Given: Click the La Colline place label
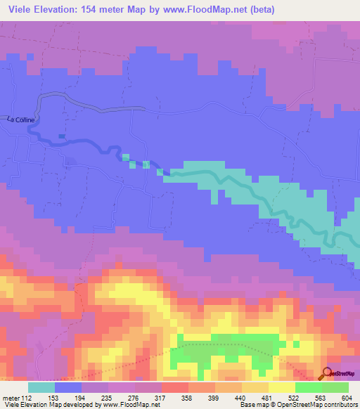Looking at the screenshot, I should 20,119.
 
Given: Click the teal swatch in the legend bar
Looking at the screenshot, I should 41,387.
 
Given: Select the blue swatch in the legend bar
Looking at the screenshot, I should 68,387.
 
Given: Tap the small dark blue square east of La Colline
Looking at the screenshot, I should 62,136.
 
